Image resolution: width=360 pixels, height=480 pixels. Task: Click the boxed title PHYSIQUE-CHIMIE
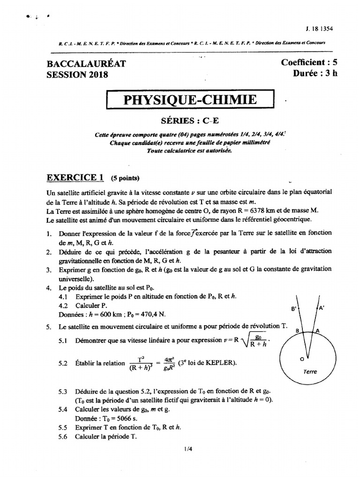tap(189, 100)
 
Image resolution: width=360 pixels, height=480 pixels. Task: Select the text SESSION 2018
tap(77, 75)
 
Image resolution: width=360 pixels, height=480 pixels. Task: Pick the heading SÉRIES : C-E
tap(190, 120)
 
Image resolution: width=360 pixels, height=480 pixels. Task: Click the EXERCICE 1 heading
tap(75, 177)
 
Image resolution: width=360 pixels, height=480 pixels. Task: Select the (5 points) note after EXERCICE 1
tap(125, 178)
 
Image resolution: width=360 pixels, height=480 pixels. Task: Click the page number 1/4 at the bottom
tap(188, 449)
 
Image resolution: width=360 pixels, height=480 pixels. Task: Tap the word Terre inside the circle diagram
tap(310, 371)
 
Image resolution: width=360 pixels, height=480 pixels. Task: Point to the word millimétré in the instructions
tap(252, 142)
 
